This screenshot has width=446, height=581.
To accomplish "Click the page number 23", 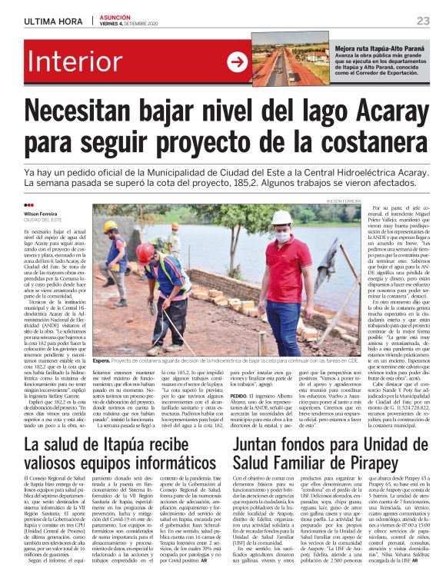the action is pos(422,21).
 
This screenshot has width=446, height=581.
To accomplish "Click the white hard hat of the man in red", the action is pos(280,219).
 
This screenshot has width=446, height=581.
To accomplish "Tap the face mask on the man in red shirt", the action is pos(282,235).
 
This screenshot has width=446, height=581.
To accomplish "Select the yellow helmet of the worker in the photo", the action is pos(111,227).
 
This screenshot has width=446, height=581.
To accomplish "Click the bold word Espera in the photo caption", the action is pos(101,360).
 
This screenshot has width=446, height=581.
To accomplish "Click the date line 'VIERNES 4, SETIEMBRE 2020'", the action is pos(125,25).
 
